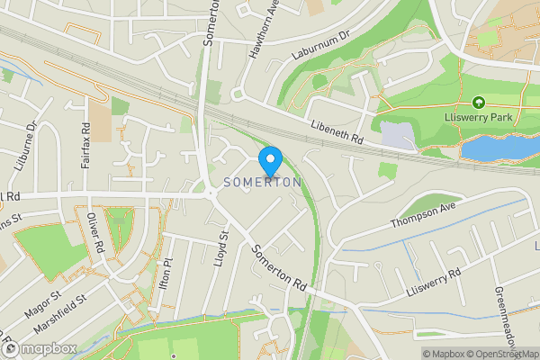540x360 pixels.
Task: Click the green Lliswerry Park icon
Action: coord(478,104)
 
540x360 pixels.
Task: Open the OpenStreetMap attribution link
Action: coord(501,354)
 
